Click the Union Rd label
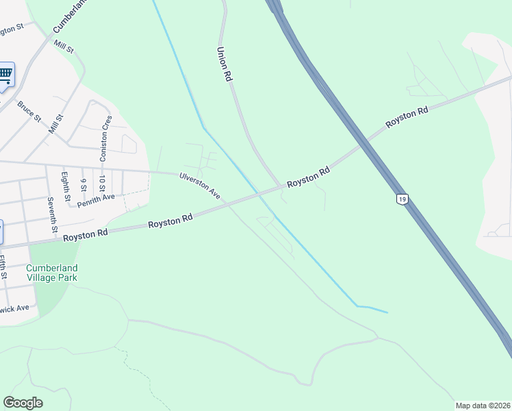click(222, 65)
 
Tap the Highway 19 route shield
click(402, 198)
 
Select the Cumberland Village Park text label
click(52, 273)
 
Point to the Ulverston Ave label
click(199, 186)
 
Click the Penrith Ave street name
click(97, 199)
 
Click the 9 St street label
click(83, 185)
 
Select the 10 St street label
click(101, 184)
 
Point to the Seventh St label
click(51, 213)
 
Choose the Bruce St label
click(30, 111)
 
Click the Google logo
click(23, 402)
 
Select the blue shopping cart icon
click(5, 73)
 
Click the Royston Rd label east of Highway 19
click(407, 116)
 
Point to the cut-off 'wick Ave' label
click(14, 309)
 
